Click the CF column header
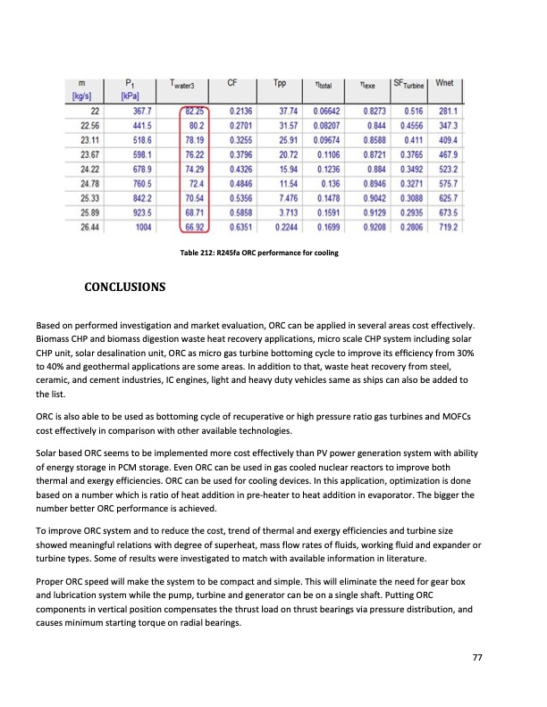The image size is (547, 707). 231,83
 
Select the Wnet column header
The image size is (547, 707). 444,83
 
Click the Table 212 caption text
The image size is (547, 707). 259,256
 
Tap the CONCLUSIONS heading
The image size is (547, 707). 124,287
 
